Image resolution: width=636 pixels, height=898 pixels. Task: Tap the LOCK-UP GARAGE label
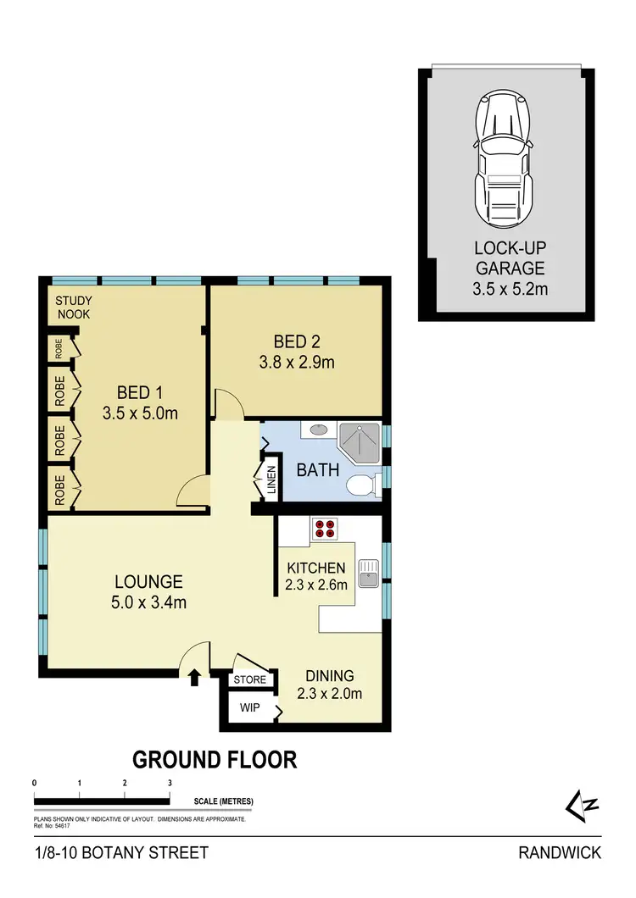pyautogui.click(x=510, y=259)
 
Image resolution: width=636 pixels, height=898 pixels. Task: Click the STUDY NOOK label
pyautogui.click(x=74, y=308)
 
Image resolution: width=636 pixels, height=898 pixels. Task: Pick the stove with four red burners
pyautogui.click(x=324, y=529)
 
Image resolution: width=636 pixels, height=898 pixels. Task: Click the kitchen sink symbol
pyautogui.click(x=368, y=573)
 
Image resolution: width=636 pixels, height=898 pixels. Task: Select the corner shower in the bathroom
pyautogui.click(x=361, y=441)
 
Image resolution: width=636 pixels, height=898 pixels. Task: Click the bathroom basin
pyautogui.click(x=320, y=430)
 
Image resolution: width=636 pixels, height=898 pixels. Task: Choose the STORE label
pyautogui.click(x=251, y=679)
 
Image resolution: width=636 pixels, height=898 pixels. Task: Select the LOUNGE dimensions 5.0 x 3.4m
pyautogui.click(x=149, y=603)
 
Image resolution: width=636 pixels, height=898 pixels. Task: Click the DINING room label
pyautogui.click(x=330, y=676)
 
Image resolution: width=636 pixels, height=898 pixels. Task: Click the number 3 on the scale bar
pyautogui.click(x=170, y=783)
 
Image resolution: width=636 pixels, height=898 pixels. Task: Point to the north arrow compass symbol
pyautogui.click(x=585, y=805)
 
